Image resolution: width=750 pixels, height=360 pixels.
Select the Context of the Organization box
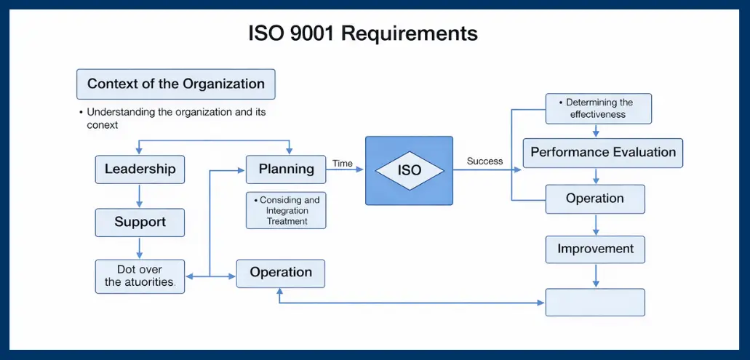coord(176,84)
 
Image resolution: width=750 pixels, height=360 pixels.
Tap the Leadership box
coord(140,169)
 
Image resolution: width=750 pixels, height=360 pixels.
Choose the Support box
coord(140,223)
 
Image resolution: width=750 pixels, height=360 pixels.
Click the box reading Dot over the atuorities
coord(140,276)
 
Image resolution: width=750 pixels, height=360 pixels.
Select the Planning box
coord(286,169)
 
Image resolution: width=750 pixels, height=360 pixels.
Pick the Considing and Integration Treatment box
coord(286,210)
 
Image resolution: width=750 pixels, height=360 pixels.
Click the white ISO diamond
coord(409,171)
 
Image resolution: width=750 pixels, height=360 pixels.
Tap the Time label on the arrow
coord(343,164)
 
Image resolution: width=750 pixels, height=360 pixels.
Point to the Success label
coord(484,161)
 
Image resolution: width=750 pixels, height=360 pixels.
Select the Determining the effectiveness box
coord(599,108)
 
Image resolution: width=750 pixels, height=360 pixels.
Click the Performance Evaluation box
coord(603,153)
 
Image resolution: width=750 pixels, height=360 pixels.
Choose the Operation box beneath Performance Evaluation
coord(595,199)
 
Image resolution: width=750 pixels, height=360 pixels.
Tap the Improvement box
coord(595,249)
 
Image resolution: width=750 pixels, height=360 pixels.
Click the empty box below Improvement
coord(595,302)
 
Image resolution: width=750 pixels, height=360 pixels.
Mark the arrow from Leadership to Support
coord(140,196)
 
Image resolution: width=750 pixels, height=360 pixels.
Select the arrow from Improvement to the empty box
coord(596,275)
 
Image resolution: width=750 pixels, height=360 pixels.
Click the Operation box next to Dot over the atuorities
coord(281,273)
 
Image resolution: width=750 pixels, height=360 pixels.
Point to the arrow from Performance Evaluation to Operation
coord(596,176)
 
